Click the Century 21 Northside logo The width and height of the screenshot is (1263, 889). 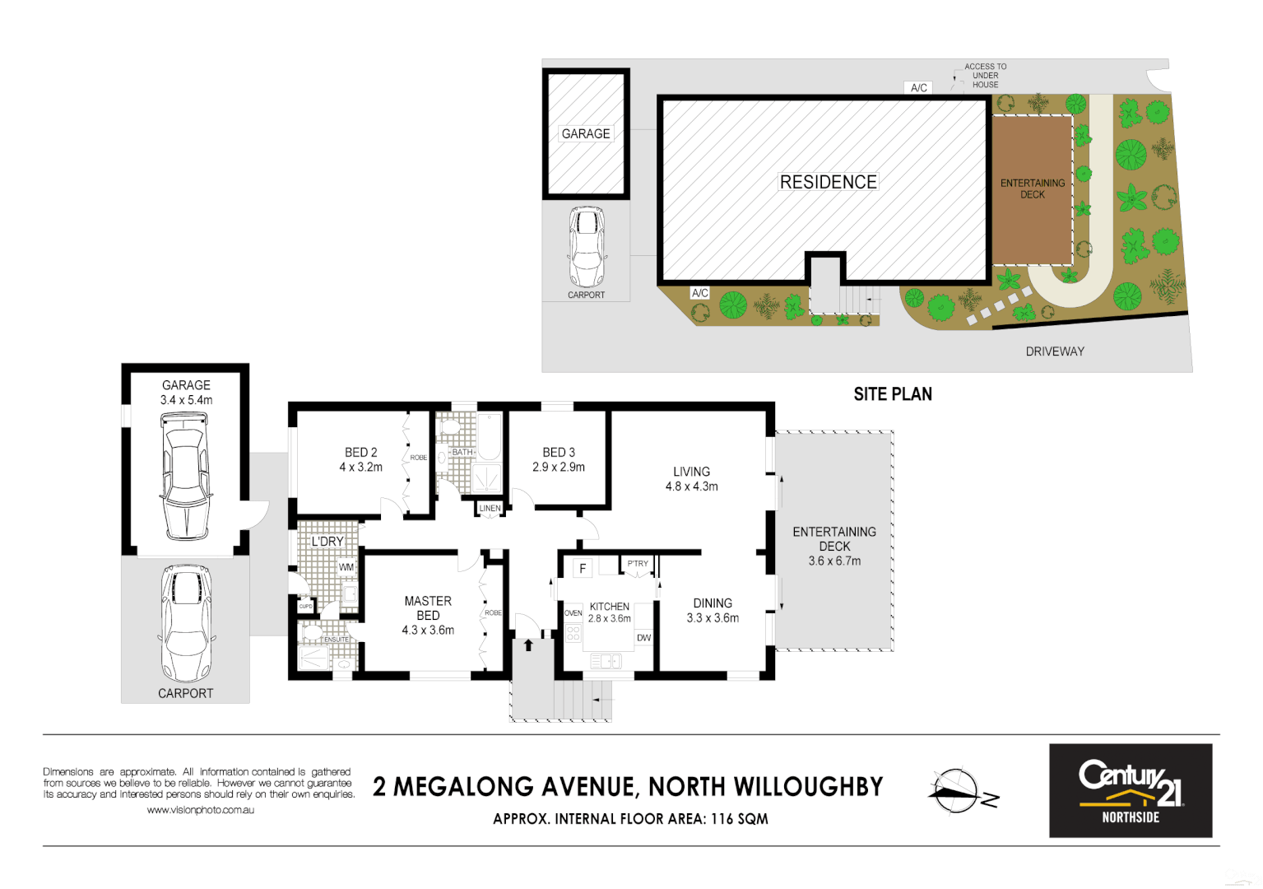coord(1130,790)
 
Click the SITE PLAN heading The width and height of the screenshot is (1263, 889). coord(893,394)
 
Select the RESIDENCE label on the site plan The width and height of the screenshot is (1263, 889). coord(828,182)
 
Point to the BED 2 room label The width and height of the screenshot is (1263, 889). coord(360,453)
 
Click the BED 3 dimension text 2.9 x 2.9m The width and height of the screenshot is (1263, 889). coord(559,468)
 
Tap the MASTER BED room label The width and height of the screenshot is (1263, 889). coord(428,608)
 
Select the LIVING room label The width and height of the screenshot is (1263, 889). coord(691,472)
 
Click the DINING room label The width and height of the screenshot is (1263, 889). coord(713,603)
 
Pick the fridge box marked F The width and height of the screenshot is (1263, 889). coord(583,568)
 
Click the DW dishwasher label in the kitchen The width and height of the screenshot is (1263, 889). coord(643,638)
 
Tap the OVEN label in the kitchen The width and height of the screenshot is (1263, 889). coord(573,613)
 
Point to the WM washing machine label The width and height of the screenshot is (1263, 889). coord(346,567)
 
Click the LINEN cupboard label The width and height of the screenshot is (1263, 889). coord(490,509)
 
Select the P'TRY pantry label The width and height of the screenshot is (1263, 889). coord(638,564)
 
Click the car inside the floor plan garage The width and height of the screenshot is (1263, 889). coord(186,475)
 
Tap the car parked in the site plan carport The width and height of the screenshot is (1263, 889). coord(587,246)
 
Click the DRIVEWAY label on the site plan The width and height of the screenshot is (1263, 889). coord(1055,351)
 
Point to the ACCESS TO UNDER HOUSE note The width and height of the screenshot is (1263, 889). coord(985,76)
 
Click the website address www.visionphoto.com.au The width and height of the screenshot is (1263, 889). coord(200,810)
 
